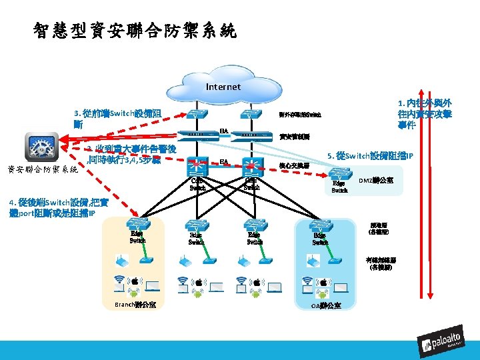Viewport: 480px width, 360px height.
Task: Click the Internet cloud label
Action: [223, 87]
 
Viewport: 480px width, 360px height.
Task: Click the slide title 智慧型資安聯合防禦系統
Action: [134, 31]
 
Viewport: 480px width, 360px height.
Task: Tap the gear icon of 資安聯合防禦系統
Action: [41, 147]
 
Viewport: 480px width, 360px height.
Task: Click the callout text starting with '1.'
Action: [425, 114]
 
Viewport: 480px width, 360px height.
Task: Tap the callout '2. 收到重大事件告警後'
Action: [127, 155]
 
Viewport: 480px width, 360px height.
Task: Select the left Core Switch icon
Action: [197, 165]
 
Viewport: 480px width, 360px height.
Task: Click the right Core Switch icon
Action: [251, 165]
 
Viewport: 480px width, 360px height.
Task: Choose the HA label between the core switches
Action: [225, 162]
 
